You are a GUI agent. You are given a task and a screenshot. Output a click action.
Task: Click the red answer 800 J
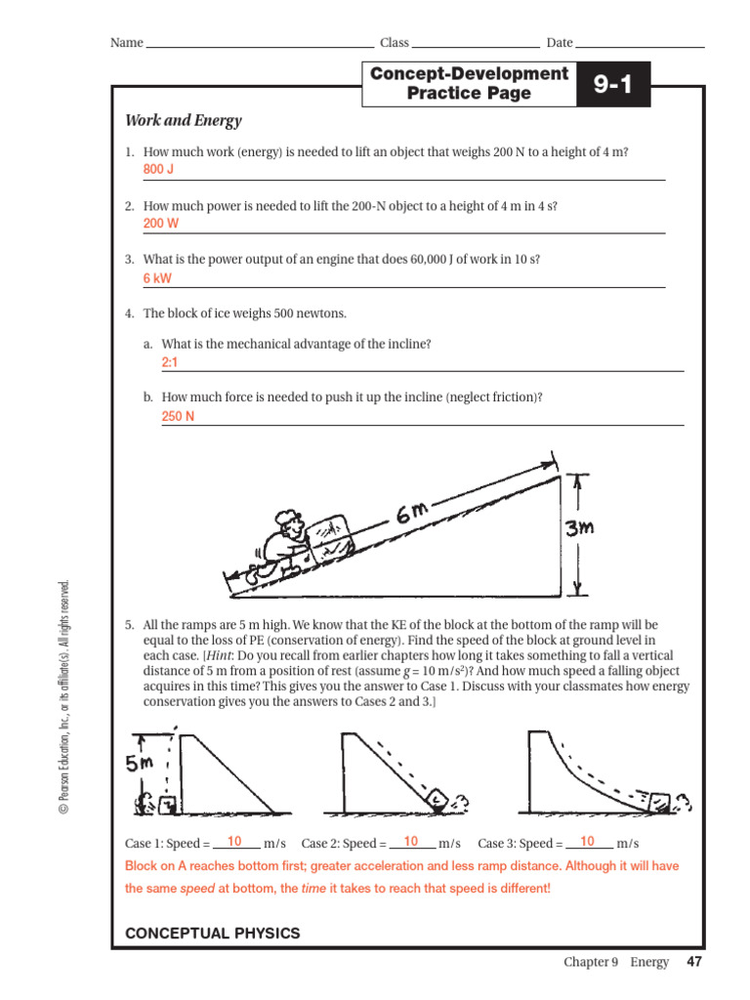pos(158,170)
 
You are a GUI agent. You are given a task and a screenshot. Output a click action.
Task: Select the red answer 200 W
pos(161,224)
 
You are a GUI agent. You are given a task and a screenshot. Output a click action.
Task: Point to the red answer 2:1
pos(170,362)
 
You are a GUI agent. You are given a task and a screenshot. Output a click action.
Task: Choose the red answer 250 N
pos(178,416)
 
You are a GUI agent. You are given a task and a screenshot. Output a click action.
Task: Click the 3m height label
pos(580,528)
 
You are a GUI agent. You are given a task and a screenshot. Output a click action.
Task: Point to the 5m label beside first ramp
pos(147,765)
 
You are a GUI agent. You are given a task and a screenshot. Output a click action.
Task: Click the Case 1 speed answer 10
pos(234,842)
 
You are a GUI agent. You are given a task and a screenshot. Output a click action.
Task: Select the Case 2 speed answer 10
pos(410,842)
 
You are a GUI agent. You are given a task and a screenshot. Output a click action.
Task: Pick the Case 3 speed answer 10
pos(587,842)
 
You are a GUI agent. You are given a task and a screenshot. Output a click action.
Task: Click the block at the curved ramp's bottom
pos(661,802)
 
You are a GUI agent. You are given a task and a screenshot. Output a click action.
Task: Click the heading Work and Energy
pos(183,121)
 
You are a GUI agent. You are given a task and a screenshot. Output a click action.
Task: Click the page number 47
pos(694,962)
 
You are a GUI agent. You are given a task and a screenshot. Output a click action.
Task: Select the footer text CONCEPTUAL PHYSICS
pos(213,934)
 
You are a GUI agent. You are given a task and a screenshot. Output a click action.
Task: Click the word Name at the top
pos(126,43)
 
